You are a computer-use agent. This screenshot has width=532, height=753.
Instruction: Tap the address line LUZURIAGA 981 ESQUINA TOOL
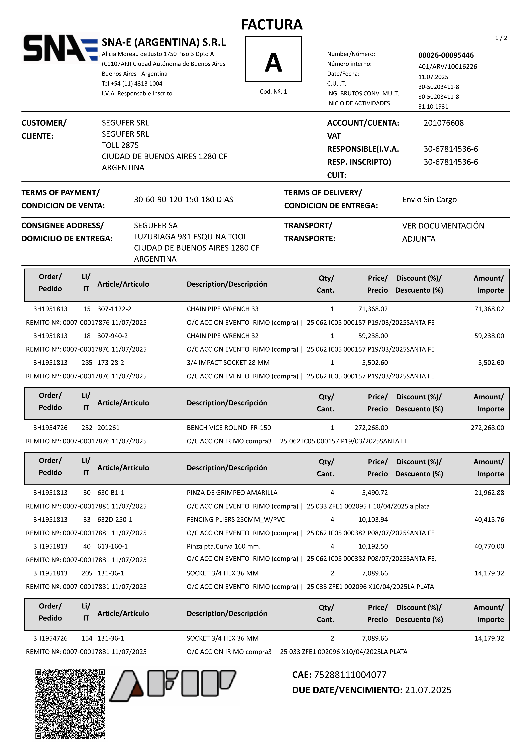pos(191,237)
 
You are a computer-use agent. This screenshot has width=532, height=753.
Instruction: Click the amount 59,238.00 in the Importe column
pos(489,336)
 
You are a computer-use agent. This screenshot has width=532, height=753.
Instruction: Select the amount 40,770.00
pos(489,546)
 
